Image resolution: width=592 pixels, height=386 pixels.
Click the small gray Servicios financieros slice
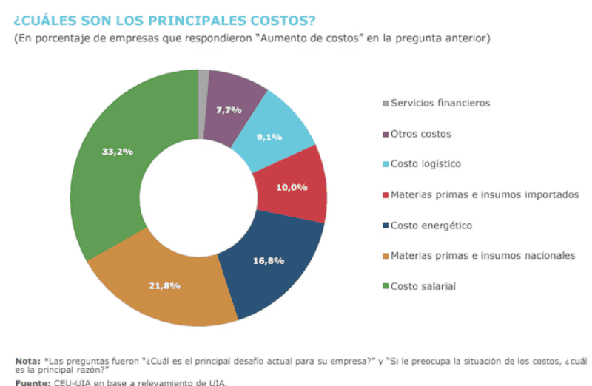[203, 81]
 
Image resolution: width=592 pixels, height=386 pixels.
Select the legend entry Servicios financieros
[440, 104]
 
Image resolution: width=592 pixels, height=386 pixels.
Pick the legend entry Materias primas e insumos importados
[484, 194]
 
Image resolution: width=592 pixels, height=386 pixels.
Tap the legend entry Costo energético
[431, 225]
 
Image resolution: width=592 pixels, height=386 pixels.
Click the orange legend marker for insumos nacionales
[384, 256]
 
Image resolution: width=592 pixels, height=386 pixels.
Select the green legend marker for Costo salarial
[384, 286]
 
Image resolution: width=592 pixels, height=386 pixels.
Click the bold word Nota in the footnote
[26, 360]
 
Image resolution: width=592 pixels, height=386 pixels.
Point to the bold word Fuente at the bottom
[32, 382]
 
